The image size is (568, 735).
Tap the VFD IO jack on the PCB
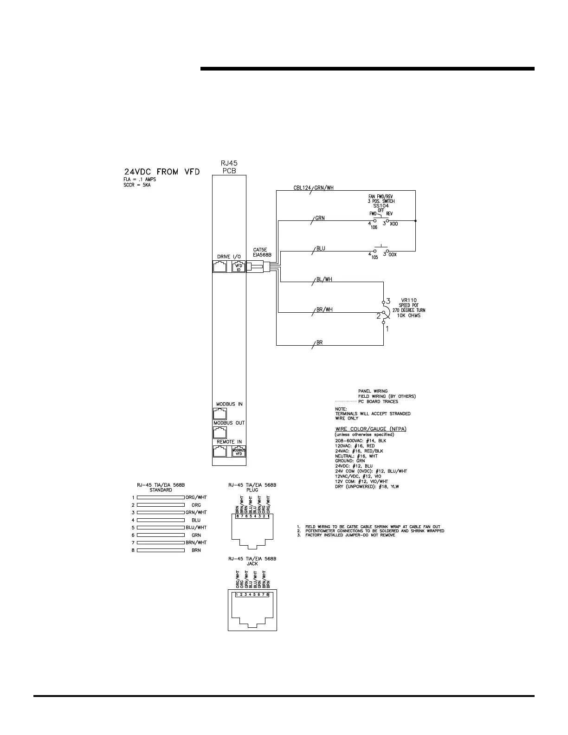point(239,267)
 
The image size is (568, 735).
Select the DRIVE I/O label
point(229,257)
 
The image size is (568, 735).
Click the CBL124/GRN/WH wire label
point(313,188)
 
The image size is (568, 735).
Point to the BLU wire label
point(320,248)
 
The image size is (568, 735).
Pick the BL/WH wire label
point(324,279)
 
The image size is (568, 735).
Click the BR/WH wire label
point(324,309)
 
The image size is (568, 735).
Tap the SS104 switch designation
point(381,206)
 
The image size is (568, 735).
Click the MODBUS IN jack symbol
point(220,413)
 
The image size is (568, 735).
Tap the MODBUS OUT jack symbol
point(220,432)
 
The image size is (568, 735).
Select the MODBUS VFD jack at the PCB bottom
point(239,451)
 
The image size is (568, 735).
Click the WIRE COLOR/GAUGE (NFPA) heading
point(371,429)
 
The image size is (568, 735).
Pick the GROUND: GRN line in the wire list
point(350,461)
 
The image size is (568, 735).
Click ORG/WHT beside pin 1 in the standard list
point(196,497)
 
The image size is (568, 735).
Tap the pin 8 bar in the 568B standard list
point(161,550)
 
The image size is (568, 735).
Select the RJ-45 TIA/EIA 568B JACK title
point(252,561)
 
